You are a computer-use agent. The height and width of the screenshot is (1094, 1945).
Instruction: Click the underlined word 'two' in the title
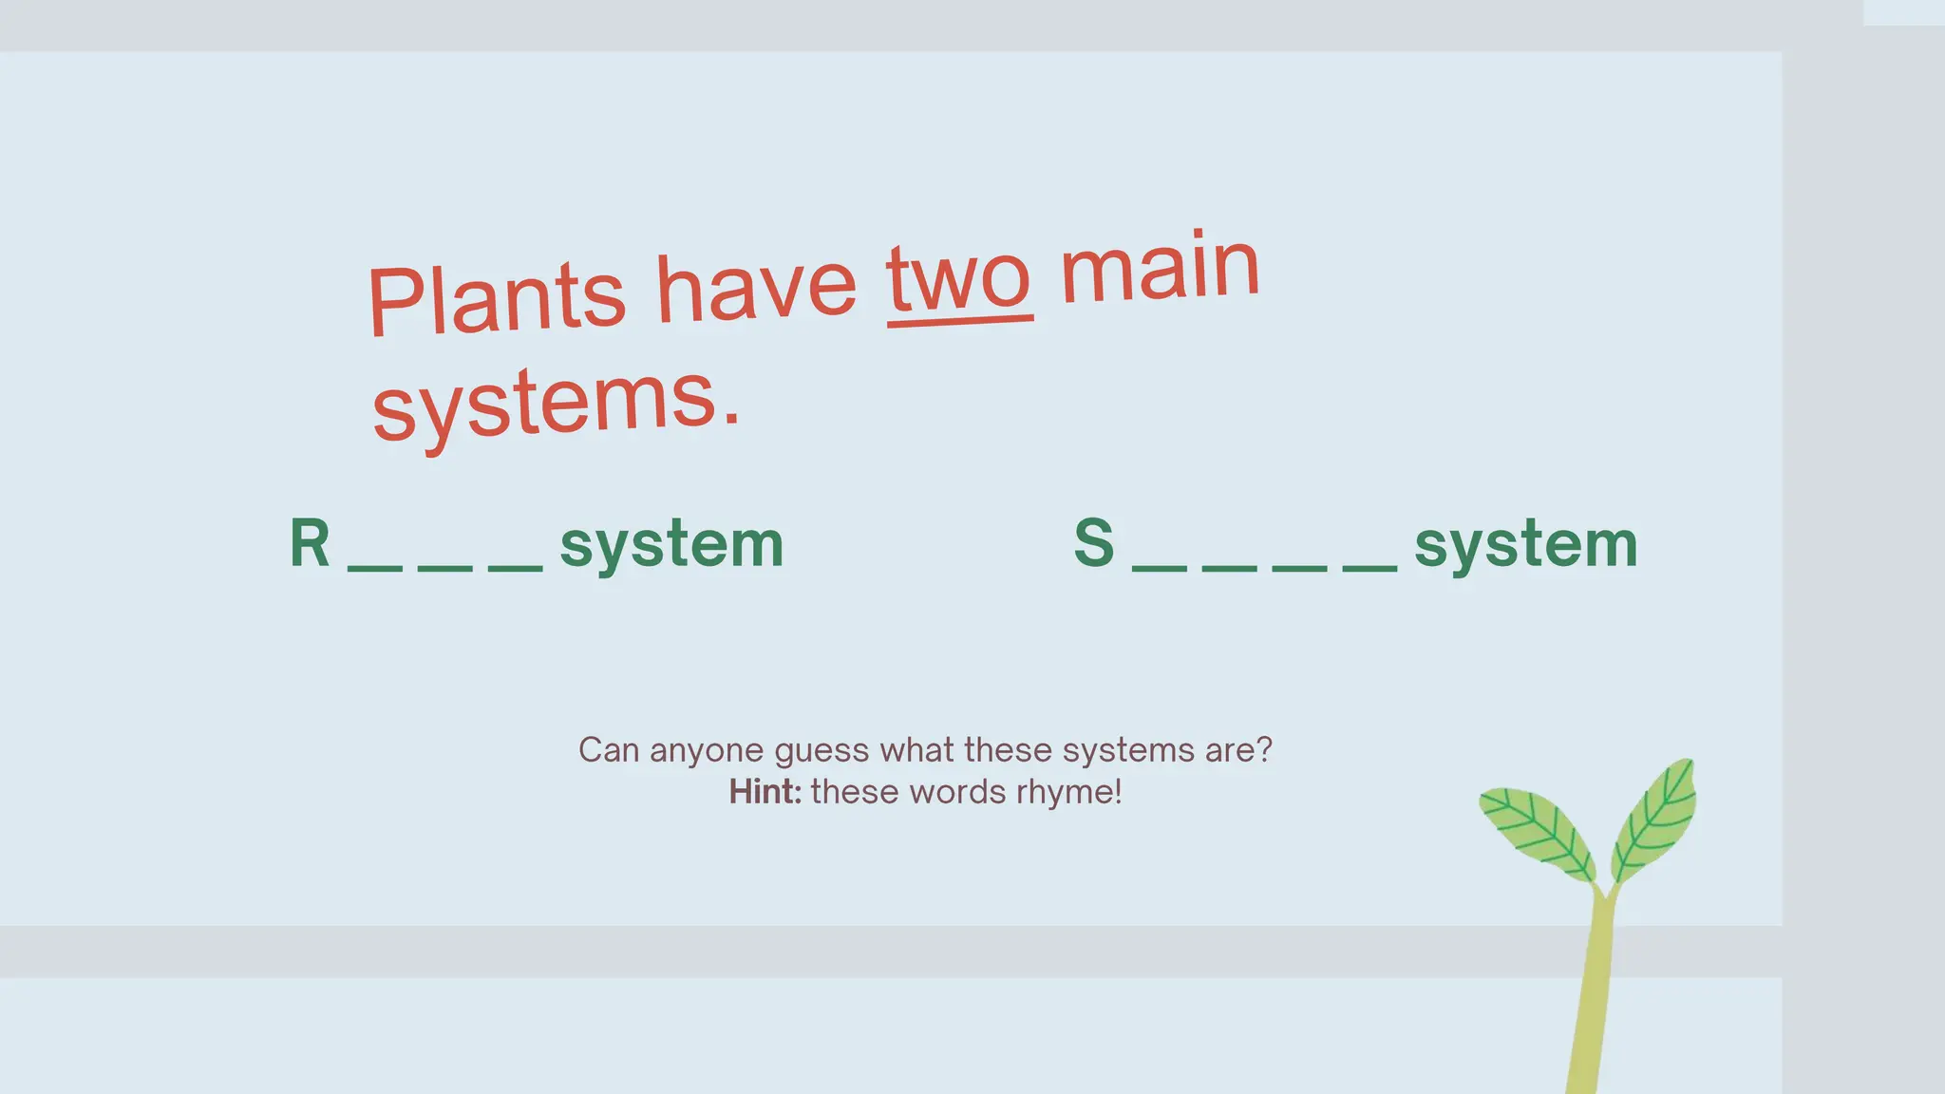click(x=959, y=282)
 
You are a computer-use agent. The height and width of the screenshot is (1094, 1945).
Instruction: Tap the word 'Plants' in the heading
click(x=496, y=298)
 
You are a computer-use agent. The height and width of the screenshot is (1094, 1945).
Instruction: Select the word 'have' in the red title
click(x=757, y=288)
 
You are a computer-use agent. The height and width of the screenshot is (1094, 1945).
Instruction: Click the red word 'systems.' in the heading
click(x=556, y=404)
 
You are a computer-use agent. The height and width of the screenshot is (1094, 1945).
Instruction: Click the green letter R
click(x=310, y=544)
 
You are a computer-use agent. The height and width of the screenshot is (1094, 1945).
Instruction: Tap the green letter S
click(x=1094, y=543)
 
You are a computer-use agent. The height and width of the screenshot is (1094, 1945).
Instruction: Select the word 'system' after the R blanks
click(x=671, y=546)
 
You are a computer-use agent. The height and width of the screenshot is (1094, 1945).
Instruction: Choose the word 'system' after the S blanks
click(x=1526, y=546)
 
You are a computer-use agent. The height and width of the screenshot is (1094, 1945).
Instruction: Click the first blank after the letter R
click(x=375, y=568)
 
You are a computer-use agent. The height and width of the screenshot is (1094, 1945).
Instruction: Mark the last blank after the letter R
click(x=515, y=568)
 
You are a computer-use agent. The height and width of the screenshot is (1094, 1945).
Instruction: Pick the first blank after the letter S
click(x=1160, y=568)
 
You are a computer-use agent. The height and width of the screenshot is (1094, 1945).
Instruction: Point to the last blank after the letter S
click(x=1369, y=568)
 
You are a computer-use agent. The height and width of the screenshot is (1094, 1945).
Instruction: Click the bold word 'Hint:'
click(x=765, y=792)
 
